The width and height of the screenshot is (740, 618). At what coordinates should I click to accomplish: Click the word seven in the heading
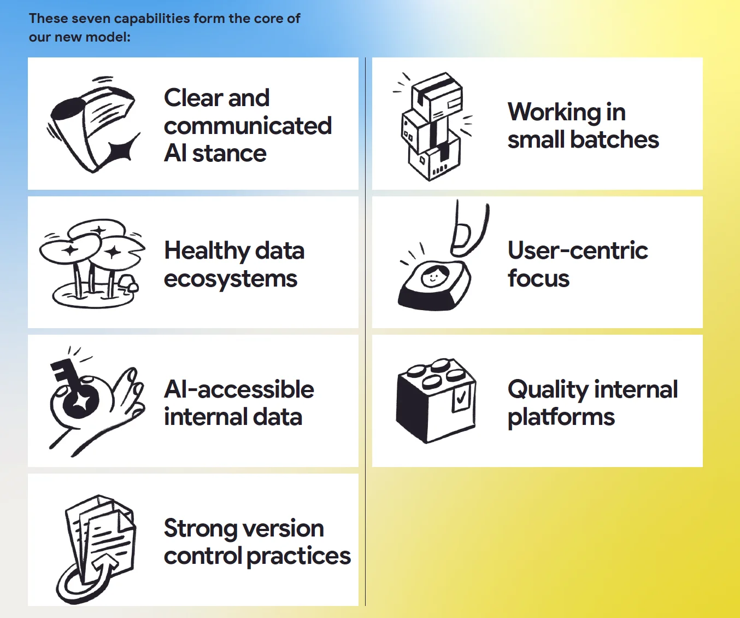[x=91, y=19]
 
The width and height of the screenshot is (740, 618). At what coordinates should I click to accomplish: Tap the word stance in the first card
[x=229, y=153]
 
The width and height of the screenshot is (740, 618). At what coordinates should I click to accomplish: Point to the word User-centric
[x=578, y=250]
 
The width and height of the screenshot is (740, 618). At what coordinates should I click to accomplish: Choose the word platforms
[x=561, y=418]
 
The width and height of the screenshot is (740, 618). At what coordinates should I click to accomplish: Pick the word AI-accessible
[x=239, y=389]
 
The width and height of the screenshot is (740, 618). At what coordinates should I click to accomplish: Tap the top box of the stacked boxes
[x=437, y=96]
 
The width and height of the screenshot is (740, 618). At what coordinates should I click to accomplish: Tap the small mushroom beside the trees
[x=128, y=283]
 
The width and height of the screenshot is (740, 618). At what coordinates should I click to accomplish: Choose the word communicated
[x=248, y=126]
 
